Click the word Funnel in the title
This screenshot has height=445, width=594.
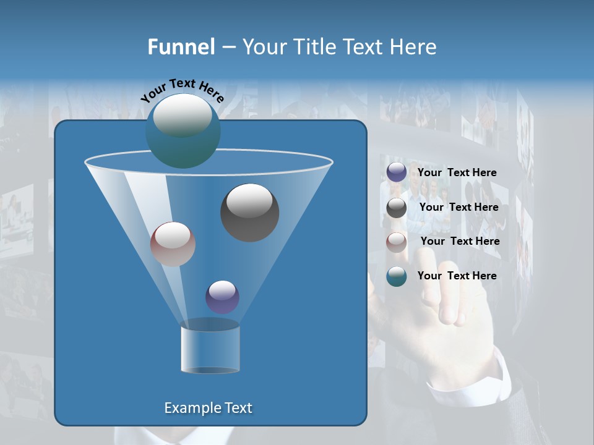(x=181, y=47)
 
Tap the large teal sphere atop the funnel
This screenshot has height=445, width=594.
(x=183, y=130)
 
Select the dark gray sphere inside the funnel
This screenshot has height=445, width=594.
(x=249, y=213)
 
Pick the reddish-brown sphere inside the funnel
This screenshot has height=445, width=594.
(x=173, y=244)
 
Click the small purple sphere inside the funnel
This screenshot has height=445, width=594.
(x=222, y=297)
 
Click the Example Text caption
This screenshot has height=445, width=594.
(x=208, y=408)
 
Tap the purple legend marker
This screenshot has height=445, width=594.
(x=397, y=172)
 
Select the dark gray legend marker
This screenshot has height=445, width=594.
(x=397, y=208)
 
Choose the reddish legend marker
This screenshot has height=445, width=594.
(x=397, y=242)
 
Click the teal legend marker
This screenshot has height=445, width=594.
(x=397, y=276)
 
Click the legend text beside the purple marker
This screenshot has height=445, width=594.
(x=457, y=172)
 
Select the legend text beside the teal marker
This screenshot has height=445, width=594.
(x=457, y=276)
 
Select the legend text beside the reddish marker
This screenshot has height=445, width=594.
(x=460, y=241)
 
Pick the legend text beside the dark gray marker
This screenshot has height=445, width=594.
(x=458, y=207)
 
